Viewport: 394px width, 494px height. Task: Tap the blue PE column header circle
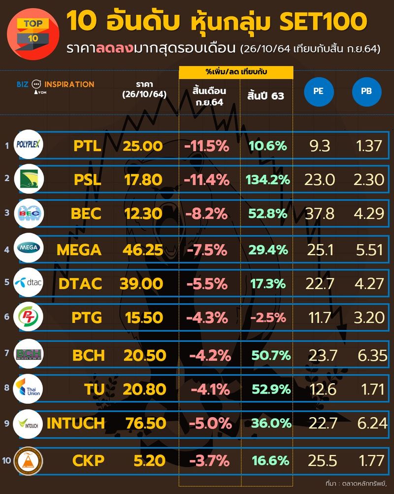pyautogui.click(x=319, y=92)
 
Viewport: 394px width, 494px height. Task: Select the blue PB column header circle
pyautogui.click(x=366, y=92)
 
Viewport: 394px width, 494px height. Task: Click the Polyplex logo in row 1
pyautogui.click(x=29, y=145)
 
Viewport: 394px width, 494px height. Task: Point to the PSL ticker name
pyautogui.click(x=87, y=180)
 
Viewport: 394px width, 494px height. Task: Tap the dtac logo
pyautogui.click(x=29, y=283)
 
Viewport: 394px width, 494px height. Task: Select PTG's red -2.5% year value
pyautogui.click(x=267, y=318)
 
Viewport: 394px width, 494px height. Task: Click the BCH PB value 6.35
pyautogui.click(x=370, y=354)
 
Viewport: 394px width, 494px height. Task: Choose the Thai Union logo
pyautogui.click(x=29, y=388)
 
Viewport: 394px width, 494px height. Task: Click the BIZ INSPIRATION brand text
pyautogui.click(x=55, y=85)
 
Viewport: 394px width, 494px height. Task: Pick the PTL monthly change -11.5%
pyautogui.click(x=206, y=145)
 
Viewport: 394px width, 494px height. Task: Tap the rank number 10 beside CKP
pyautogui.click(x=6, y=461)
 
